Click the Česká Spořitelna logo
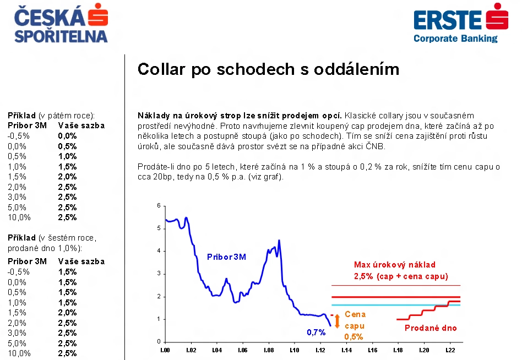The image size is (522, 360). tap(61, 23)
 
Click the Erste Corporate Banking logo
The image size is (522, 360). tap(461, 23)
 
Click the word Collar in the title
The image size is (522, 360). tap(161, 69)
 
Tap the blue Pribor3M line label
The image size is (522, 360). tap(226, 257)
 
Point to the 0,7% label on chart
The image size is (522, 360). tap(316, 332)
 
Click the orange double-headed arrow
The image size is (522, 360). tap(337, 321)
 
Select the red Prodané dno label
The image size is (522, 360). tap(431, 328)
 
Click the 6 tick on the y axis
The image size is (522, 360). tap(159, 206)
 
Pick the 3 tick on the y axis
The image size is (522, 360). tap(159, 274)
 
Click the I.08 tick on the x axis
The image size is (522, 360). tap(269, 350)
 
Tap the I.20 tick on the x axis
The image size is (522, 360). tap(424, 350)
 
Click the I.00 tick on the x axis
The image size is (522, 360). tap(165, 350)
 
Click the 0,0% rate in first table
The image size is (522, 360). tap(67, 136)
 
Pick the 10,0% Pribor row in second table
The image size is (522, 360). tap(19, 353)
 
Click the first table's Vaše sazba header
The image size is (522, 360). tap(81, 126)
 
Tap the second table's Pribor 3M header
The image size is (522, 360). tap(27, 261)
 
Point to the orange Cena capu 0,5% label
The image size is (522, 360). tap(355, 325)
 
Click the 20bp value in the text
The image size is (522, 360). tap(162, 177)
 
